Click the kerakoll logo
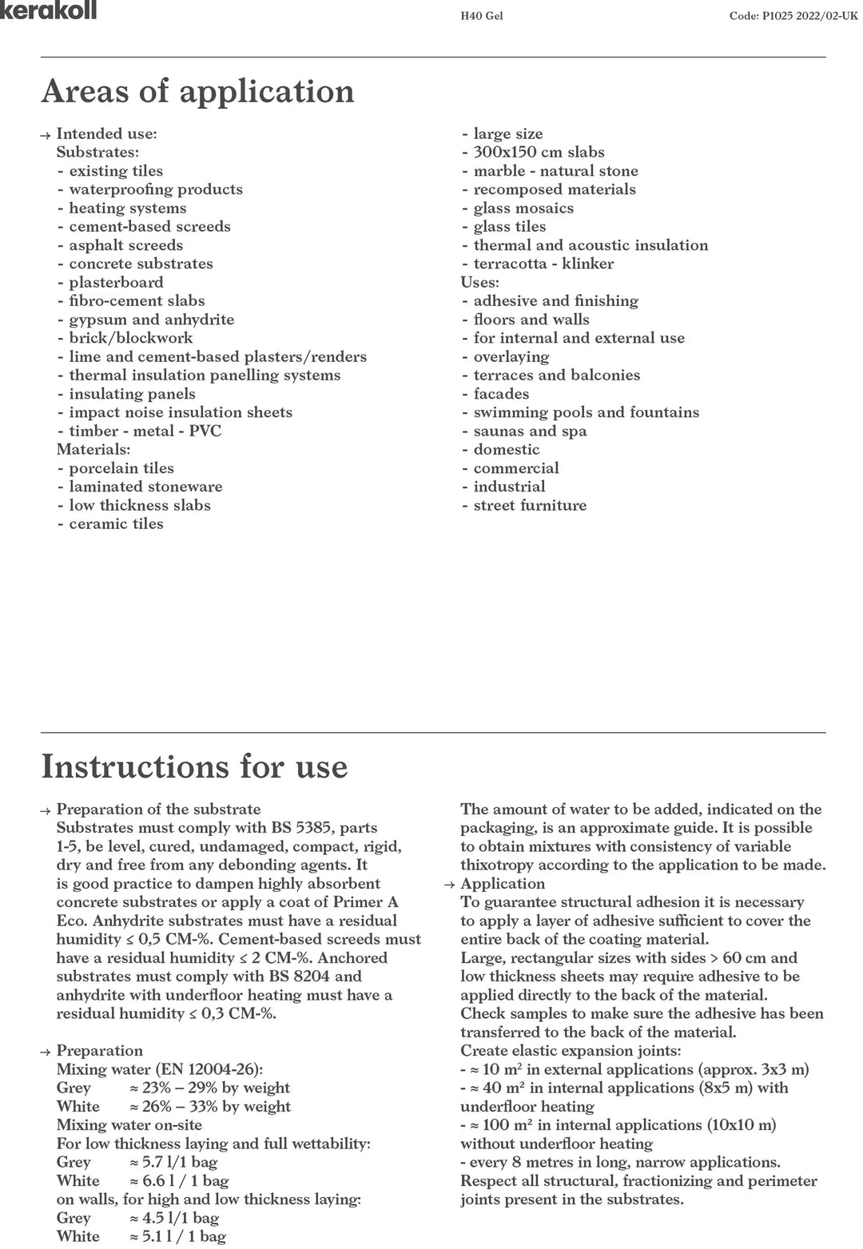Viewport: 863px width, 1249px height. [x=48, y=10]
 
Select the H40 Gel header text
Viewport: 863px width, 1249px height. [x=476, y=16]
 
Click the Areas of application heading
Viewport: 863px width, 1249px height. [x=197, y=91]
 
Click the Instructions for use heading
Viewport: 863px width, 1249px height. [x=194, y=766]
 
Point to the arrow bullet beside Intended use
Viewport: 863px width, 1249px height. [x=46, y=135]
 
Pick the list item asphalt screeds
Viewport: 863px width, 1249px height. [x=125, y=245]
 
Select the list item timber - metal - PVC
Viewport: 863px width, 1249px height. [x=145, y=431]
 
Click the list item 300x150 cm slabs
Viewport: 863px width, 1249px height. [x=539, y=152]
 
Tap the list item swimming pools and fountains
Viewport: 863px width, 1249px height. [x=586, y=412]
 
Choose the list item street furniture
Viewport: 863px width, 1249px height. [x=530, y=505]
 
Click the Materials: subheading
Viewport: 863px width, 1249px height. [x=93, y=449]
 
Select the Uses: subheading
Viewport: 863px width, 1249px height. [x=479, y=282]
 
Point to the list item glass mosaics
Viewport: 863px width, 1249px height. [x=523, y=208]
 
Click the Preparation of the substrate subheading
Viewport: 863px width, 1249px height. [x=158, y=809]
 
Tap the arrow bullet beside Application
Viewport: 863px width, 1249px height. [x=450, y=885]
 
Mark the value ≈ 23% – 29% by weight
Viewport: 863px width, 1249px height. [x=209, y=1088]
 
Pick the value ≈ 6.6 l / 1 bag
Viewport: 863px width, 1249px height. [x=179, y=1180]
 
